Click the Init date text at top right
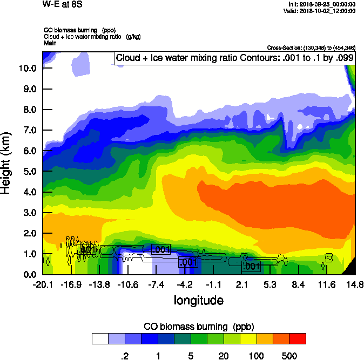pyautogui.click(x=322, y=4)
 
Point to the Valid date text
pyautogui.click(x=321, y=11)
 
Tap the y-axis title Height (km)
pyautogui.click(x=6, y=164)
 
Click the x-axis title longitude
pyautogui.click(x=198, y=300)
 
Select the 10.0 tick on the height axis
pyautogui.click(x=27, y=68)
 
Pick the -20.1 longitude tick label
pyautogui.click(x=42, y=284)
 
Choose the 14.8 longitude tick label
pyautogui.click(x=355, y=284)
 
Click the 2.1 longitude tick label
pyautogui.click(x=242, y=284)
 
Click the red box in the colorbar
pyautogui.click(x=298, y=339)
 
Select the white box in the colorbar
pyautogui.click(x=100, y=339)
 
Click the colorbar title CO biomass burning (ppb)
pyautogui.click(x=199, y=327)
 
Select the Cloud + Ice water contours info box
pyautogui.click(x=234, y=58)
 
